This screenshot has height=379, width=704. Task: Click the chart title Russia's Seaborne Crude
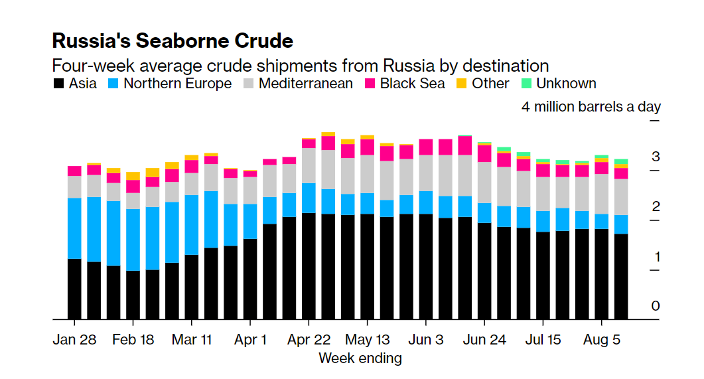click(173, 40)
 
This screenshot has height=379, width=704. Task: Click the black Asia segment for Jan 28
click(74, 289)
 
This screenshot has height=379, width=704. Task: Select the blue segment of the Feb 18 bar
click(133, 240)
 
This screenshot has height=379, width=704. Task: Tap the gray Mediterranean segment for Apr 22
click(309, 165)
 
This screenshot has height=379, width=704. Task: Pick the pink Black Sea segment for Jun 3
click(426, 147)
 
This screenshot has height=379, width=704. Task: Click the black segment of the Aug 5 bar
click(601, 273)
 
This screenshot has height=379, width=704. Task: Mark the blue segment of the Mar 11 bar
click(192, 224)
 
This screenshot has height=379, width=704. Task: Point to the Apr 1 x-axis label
click(250, 340)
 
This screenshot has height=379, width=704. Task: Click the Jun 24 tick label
click(484, 340)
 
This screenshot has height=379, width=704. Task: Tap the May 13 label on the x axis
click(367, 340)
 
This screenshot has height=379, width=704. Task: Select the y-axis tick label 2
click(656, 206)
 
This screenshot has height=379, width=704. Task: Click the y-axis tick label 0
click(656, 306)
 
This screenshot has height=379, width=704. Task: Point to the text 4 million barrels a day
click(591, 107)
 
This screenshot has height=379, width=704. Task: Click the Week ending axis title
click(360, 358)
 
